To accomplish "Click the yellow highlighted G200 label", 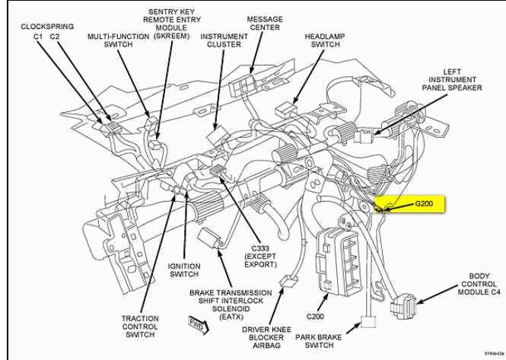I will (x=422, y=205).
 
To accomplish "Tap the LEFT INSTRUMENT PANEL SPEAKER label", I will (x=453, y=79).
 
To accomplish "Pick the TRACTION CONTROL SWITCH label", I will (x=140, y=327).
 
